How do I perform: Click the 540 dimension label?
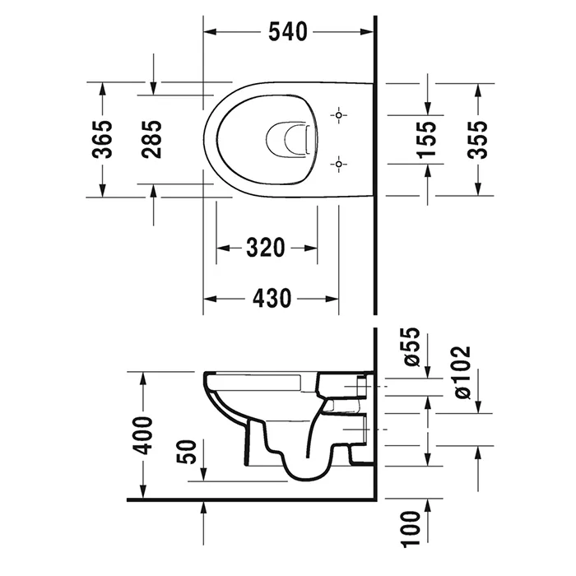click(288, 31)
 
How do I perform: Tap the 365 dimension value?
click(102, 140)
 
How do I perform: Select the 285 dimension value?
click(151, 140)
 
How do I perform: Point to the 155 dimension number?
click(427, 140)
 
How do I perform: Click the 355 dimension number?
click(477, 140)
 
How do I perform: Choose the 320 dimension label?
click(265, 248)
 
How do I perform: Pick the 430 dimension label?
click(272, 298)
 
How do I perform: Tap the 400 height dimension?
click(142, 435)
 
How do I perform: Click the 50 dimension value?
click(187, 452)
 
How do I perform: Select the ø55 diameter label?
click(411, 346)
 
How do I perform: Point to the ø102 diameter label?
click(462, 373)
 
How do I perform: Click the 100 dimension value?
click(411, 529)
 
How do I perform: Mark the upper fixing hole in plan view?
click(338, 115)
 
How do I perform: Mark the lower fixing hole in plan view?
click(338, 164)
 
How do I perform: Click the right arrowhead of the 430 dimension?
click(332, 299)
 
